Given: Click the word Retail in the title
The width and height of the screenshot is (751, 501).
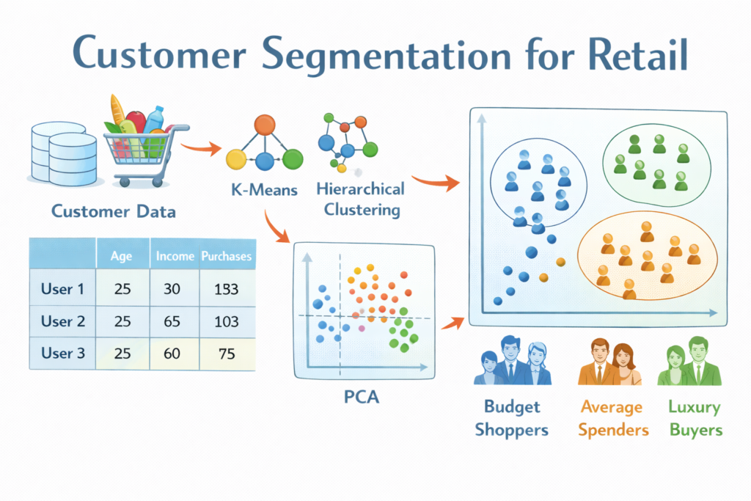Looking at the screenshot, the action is (x=637, y=54).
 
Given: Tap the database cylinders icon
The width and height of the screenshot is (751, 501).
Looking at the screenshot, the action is (x=64, y=153).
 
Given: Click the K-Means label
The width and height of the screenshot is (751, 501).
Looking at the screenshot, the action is (x=264, y=190).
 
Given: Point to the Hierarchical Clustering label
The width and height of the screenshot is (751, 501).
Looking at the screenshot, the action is (x=361, y=200).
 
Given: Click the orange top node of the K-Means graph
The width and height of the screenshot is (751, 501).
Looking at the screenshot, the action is (x=264, y=125).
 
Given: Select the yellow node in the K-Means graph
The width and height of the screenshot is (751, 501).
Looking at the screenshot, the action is (x=236, y=159).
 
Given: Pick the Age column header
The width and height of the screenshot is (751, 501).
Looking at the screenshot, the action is (x=121, y=256).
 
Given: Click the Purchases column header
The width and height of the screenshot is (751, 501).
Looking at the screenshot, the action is (x=226, y=256).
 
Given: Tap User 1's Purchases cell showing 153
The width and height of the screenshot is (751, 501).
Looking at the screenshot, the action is (x=226, y=289).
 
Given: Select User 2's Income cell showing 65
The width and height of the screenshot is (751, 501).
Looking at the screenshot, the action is (x=172, y=321).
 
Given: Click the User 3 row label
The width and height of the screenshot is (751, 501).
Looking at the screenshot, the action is (x=63, y=353).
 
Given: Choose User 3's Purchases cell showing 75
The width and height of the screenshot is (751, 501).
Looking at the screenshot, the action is (x=227, y=354).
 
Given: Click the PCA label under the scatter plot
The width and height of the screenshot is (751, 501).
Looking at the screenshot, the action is (x=362, y=397).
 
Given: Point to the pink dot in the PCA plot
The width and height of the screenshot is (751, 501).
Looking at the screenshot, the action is (x=362, y=329).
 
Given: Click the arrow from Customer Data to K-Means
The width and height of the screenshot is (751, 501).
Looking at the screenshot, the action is (x=201, y=147).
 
